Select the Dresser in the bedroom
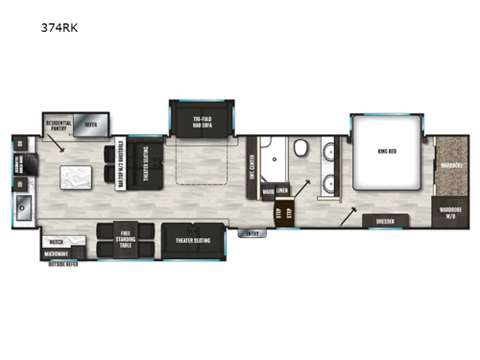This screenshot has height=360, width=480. (x=384, y=221)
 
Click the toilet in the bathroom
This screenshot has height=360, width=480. (x=300, y=148)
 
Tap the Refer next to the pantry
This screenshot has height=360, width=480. (x=91, y=125)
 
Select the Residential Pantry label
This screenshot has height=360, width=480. (x=60, y=125)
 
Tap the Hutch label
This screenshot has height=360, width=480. (x=57, y=243)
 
